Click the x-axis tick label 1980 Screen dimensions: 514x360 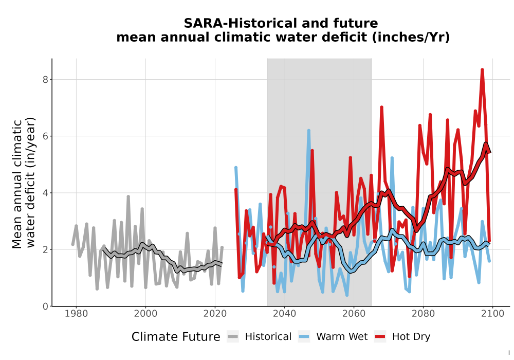(77, 314)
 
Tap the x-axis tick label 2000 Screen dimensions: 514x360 (145, 314)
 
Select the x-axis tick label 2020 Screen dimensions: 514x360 (215, 314)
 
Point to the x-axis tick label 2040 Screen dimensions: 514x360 (284, 314)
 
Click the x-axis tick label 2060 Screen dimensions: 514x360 (354, 314)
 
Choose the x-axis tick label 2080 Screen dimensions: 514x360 (423, 314)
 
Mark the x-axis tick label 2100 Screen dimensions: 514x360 (492, 314)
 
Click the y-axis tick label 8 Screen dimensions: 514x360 (46, 80)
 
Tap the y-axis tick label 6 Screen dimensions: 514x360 (46, 136)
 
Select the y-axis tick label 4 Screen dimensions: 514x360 (46, 193)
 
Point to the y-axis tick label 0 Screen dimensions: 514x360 (46, 306)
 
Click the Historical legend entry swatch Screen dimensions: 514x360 (233, 337)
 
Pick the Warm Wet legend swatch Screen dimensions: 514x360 (304, 337)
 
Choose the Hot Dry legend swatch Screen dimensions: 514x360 (380, 337)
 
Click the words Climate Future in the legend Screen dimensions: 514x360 (176, 337)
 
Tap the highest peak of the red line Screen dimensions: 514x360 (482, 69)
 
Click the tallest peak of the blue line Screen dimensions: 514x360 (309, 131)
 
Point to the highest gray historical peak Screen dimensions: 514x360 (128, 196)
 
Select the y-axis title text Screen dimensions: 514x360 (23, 183)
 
